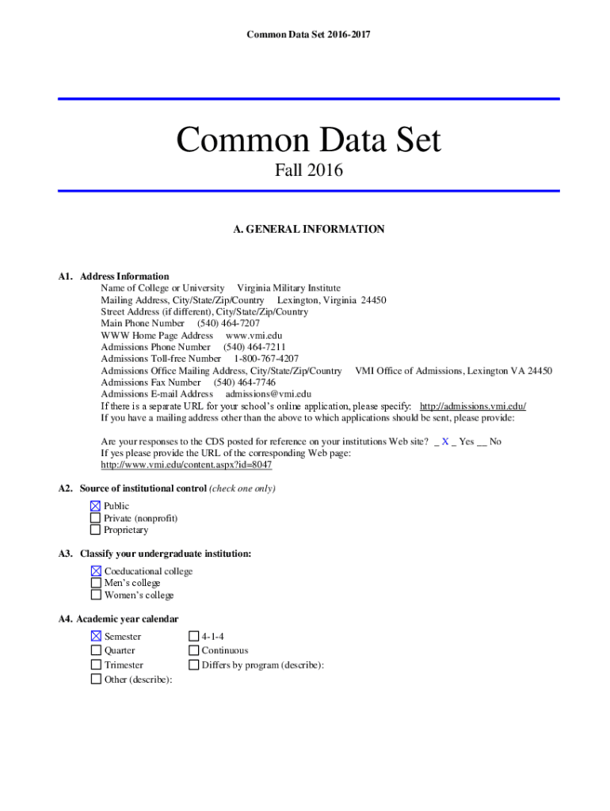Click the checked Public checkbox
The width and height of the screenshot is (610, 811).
[95, 506]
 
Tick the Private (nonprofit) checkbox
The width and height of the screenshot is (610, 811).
[95, 518]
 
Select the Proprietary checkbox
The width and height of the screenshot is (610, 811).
[95, 530]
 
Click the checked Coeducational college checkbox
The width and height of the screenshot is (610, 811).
[96, 571]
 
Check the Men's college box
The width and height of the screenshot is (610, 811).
[96, 583]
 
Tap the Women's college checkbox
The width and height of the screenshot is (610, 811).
[96, 595]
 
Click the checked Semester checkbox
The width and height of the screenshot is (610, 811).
[96, 636]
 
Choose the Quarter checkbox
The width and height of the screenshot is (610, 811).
[96, 650]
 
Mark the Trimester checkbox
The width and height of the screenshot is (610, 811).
[96, 665]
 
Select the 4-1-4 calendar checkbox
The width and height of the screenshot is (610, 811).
[193, 636]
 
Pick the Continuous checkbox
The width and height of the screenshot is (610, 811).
[193, 650]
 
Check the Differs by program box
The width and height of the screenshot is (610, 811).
[193, 665]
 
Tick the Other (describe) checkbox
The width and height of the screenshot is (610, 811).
[96, 679]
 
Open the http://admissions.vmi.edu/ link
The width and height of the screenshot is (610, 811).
[472, 406]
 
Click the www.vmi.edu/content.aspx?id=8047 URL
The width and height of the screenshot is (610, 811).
[186, 465]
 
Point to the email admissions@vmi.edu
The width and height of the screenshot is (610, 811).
[268, 394]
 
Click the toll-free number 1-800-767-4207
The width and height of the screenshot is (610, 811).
[266, 359]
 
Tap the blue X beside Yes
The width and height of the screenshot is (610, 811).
[445, 441]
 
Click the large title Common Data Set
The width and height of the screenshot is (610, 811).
[308, 141]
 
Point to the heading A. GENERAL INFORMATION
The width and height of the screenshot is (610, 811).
[308, 230]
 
